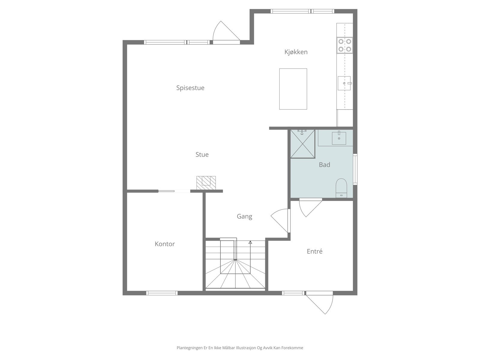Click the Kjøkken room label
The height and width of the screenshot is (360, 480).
tap(296, 52)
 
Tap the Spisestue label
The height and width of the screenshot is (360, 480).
tap(190, 88)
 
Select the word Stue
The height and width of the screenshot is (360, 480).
tap(202, 154)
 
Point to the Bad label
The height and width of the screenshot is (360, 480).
tap(324, 165)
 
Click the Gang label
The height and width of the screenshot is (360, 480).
tap(244, 216)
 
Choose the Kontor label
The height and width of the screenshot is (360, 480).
tap(165, 244)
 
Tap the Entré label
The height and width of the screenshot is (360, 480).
tap(314, 251)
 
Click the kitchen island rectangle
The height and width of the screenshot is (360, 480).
tap(293, 89)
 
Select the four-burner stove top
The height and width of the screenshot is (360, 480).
tap(345, 45)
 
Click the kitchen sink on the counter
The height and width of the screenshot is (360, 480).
tap(344, 83)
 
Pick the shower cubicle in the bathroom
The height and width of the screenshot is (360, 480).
tap(302, 144)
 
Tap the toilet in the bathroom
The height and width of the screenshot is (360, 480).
tap(341, 187)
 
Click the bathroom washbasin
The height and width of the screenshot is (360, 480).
tap(339, 138)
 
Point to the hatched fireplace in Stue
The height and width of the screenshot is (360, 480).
tap(206, 182)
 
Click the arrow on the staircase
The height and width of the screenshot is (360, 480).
tap(250, 242)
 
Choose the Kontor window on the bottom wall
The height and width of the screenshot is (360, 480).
tap(162, 293)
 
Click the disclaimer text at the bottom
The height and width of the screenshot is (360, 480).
tap(240, 348)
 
